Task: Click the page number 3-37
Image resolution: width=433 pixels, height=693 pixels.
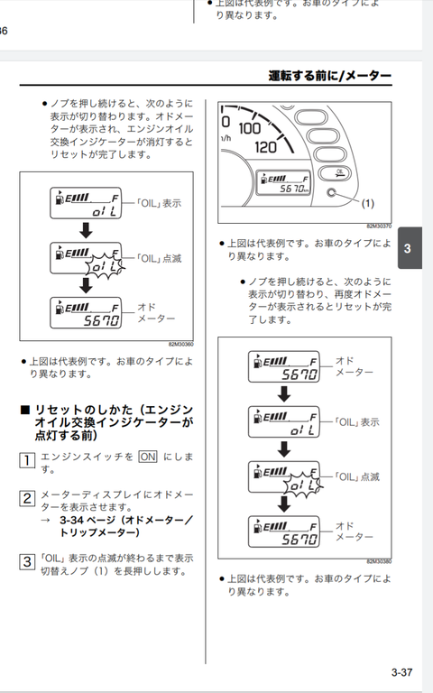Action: click(x=401, y=671)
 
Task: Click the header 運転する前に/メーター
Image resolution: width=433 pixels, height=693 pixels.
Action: click(x=330, y=76)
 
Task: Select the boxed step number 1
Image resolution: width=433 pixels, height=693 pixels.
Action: click(x=27, y=459)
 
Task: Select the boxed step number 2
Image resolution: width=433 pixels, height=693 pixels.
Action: click(x=27, y=497)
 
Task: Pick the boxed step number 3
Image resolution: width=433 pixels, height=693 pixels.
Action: click(x=27, y=561)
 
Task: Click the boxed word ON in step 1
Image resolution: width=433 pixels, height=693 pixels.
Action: click(x=148, y=457)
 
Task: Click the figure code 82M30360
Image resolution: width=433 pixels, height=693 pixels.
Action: click(x=180, y=344)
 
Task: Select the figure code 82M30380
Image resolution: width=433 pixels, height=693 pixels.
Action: click(x=378, y=561)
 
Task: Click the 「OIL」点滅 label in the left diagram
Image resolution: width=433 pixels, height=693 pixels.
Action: click(x=158, y=258)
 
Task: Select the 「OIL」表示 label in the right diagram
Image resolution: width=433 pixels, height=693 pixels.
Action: click(x=356, y=421)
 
